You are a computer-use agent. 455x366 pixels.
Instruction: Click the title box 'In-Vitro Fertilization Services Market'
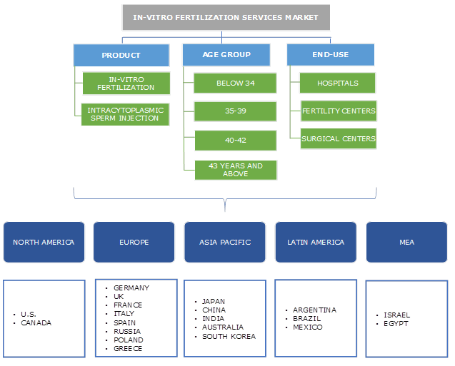(x=225, y=17)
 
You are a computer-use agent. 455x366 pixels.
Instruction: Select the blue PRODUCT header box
(x=121, y=55)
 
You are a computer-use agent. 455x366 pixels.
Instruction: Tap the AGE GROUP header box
(x=226, y=55)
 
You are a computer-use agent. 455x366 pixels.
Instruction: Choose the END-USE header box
(x=330, y=55)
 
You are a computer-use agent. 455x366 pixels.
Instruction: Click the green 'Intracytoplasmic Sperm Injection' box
(x=126, y=114)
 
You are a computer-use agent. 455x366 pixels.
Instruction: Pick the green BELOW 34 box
(x=235, y=83)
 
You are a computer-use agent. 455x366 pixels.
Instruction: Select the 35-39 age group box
(x=235, y=111)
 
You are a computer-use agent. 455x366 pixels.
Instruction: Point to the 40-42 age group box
(x=235, y=141)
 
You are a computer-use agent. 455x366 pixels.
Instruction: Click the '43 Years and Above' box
(x=235, y=169)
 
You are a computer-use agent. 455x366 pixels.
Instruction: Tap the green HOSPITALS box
(x=338, y=83)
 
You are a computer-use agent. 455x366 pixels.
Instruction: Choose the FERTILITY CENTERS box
(x=338, y=111)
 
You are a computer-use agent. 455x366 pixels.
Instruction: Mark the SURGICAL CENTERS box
(x=338, y=138)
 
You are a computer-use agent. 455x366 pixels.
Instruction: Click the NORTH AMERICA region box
(x=44, y=243)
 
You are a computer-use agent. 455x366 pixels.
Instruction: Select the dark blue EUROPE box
(x=134, y=243)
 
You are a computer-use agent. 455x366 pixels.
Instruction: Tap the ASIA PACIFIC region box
(x=225, y=243)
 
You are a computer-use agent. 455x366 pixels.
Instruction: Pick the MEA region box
(x=406, y=243)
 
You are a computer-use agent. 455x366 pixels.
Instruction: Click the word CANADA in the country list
(x=36, y=323)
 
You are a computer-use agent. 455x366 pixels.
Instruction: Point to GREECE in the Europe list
(x=128, y=349)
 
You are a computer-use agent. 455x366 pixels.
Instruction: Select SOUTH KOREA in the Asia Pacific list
(x=229, y=336)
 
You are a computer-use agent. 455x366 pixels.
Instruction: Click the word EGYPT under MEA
(x=396, y=323)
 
